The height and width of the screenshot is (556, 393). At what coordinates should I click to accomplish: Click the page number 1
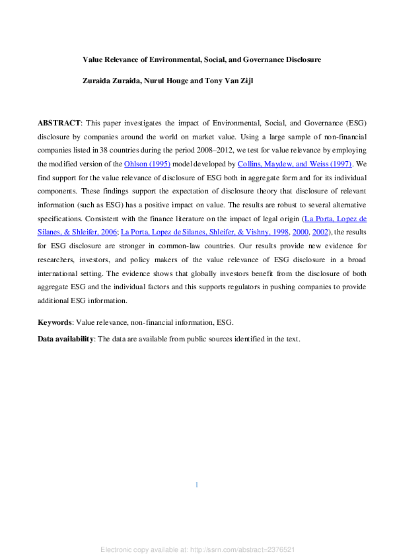[196, 485]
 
